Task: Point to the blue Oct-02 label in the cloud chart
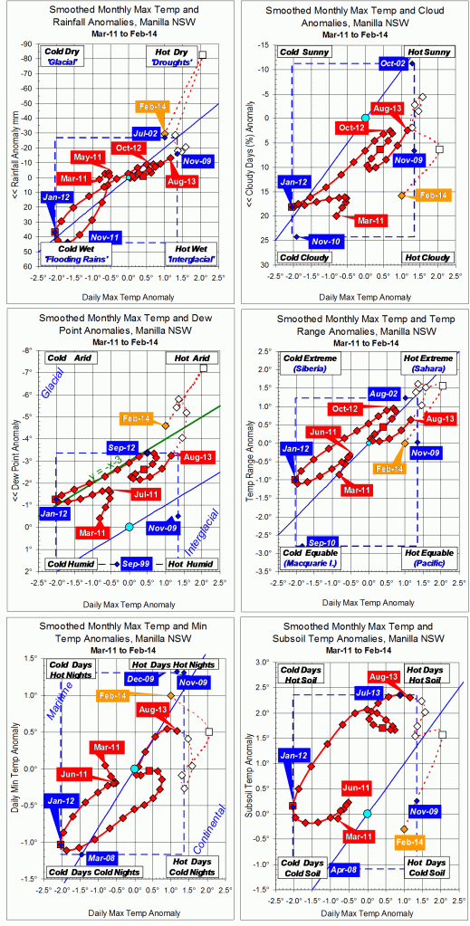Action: click(394, 63)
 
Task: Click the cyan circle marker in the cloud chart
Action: click(366, 118)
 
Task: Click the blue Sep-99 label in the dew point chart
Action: click(142, 561)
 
